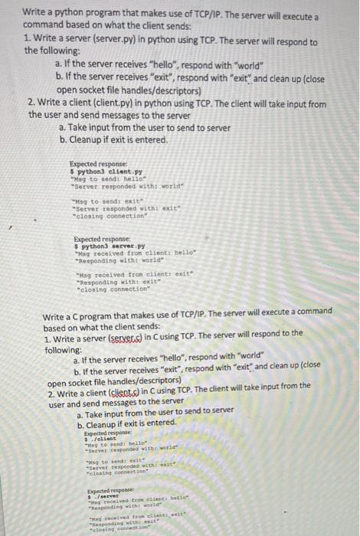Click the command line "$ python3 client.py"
(100, 172)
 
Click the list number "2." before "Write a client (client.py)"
(31, 101)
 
